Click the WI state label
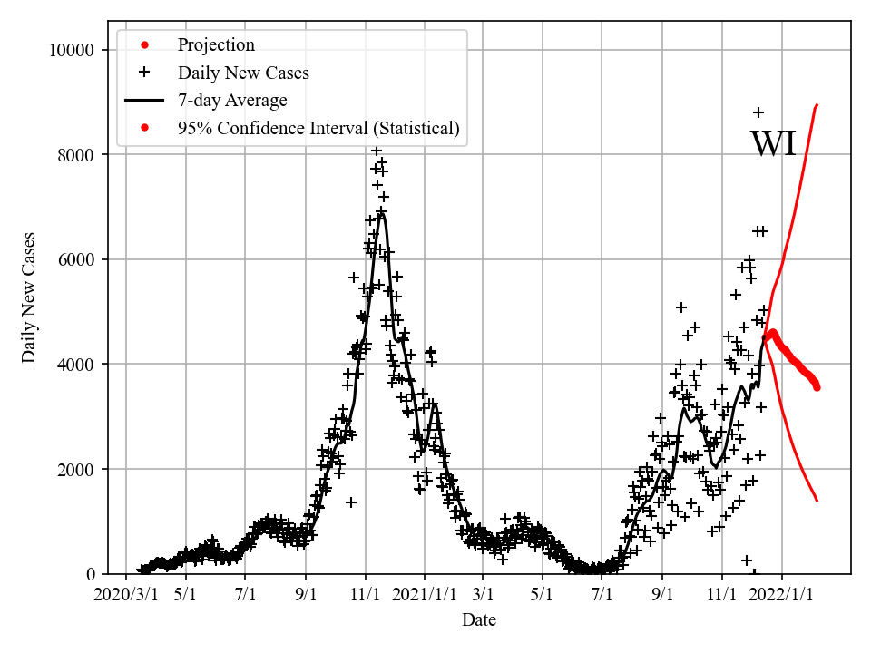tap(773, 144)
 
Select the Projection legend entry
tap(216, 44)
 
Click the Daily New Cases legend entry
tap(243, 73)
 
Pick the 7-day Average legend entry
tap(232, 101)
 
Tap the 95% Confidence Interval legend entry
tap(318, 129)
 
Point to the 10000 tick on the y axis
tap(71, 50)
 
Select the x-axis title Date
tap(478, 620)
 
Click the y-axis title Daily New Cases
tap(29, 297)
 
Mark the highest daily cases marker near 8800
tap(758, 112)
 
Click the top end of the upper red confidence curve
tap(817, 105)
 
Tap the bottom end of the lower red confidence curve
tap(817, 501)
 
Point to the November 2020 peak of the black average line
tap(382, 213)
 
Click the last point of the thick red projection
tap(817, 387)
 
